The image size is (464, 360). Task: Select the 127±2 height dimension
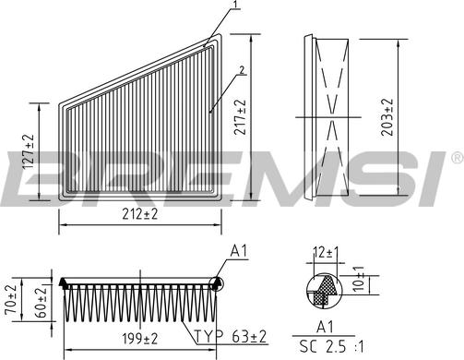27,150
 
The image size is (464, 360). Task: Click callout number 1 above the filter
236,6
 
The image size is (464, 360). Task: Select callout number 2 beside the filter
242,69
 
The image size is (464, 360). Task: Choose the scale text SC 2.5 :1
325,347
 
